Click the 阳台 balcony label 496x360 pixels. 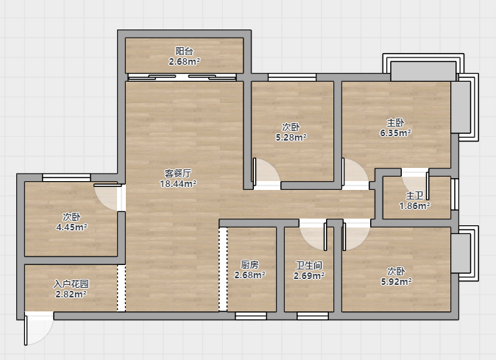(184, 51)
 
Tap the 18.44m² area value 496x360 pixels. (178, 184)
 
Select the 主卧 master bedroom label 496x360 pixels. (395, 122)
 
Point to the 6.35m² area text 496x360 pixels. (395, 133)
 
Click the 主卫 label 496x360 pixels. (414, 196)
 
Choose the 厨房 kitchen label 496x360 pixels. (249, 264)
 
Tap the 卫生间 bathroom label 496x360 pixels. (309, 265)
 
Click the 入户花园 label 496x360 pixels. (71, 283)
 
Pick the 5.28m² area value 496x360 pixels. (291, 137)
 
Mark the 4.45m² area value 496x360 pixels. (71, 227)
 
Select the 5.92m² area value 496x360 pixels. (396, 281)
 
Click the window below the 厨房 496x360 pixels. (251, 316)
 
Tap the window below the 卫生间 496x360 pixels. (313, 316)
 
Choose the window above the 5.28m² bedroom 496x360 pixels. (292, 77)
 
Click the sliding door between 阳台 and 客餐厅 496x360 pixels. (183, 77)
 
